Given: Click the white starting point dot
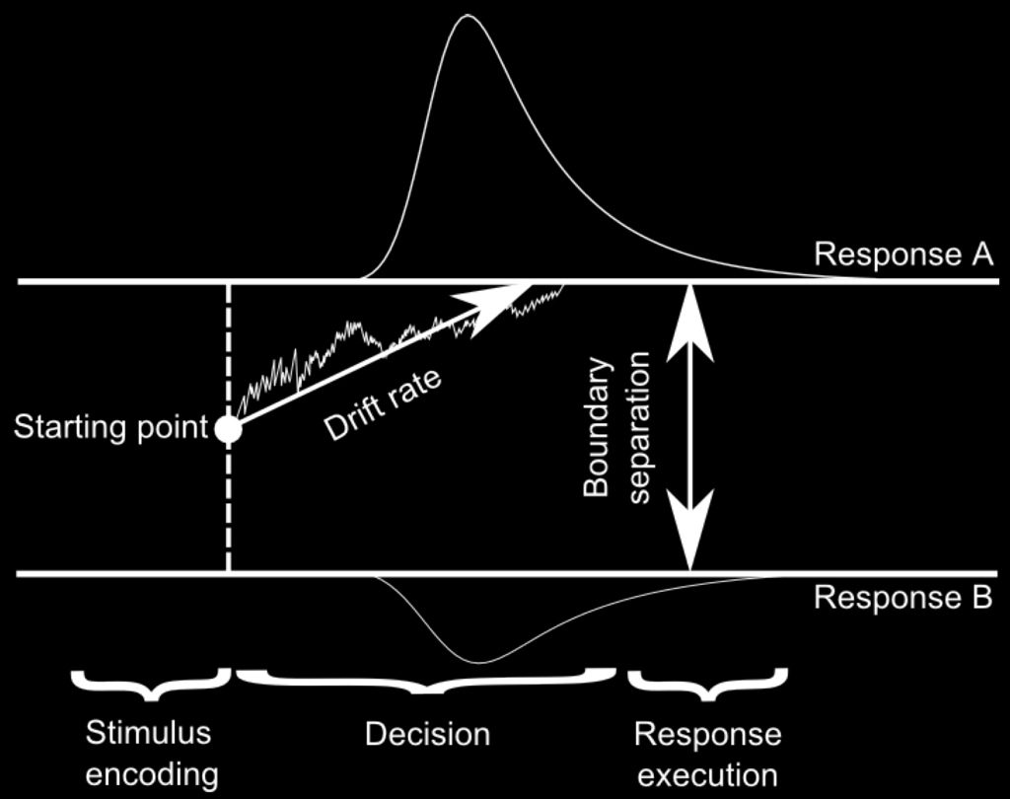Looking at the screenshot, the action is coord(229,429).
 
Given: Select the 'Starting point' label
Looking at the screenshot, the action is coord(111,428).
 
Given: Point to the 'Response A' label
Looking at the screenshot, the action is coord(902,255).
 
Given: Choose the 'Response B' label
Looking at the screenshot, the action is coord(902,598).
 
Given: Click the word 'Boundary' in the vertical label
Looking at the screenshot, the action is coord(598,426).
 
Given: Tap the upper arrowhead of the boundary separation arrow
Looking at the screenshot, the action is coord(690,316).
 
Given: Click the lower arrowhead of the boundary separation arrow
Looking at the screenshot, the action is coord(690,538).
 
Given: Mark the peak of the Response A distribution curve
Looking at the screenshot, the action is coord(468,16).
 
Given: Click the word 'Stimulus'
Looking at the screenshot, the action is coord(149,734).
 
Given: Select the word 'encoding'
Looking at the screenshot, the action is coord(152,773).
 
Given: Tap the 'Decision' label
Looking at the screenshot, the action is coord(427,735).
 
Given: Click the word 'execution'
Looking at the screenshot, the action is coord(707,773).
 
